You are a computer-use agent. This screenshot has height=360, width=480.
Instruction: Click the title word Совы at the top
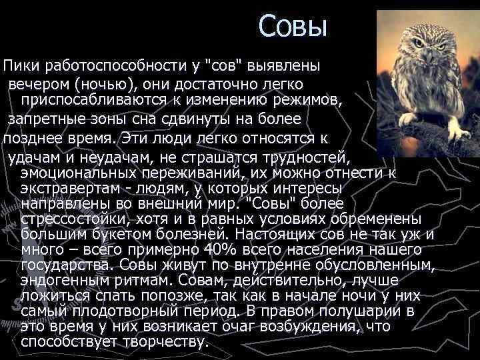[x=293, y=27]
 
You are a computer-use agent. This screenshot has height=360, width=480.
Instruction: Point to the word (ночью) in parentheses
[x=100, y=85]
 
